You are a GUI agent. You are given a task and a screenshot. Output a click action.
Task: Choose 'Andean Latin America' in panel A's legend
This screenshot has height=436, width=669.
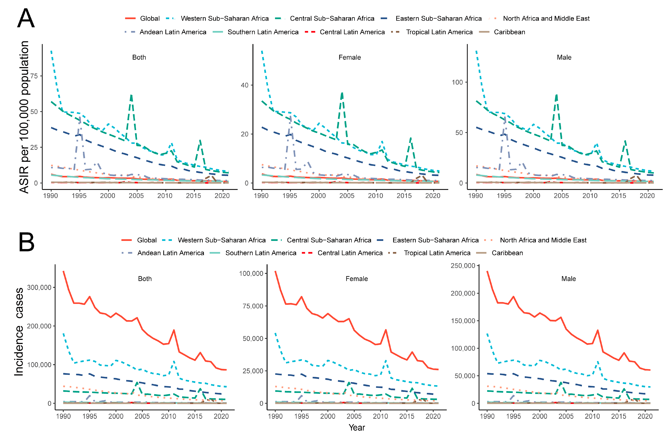point(173,32)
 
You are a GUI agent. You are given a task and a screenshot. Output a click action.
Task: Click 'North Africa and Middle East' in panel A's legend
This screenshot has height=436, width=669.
point(546,19)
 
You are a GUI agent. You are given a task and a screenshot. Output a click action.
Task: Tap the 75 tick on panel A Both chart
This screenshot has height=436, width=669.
point(34,76)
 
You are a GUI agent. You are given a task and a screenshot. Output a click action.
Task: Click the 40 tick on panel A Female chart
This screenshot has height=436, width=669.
point(245,85)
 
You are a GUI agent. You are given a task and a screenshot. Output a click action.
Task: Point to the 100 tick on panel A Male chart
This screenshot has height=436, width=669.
point(457,82)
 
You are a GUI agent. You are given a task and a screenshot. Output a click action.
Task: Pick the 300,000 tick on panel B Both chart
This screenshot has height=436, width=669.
point(39,287)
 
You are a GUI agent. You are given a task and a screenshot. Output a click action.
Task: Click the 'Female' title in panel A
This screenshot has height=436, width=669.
point(349,57)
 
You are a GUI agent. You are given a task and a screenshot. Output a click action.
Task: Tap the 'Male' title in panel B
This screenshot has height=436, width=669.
point(568,279)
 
